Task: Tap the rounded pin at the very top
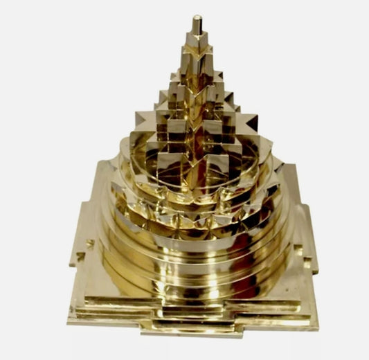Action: tap(198, 22)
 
